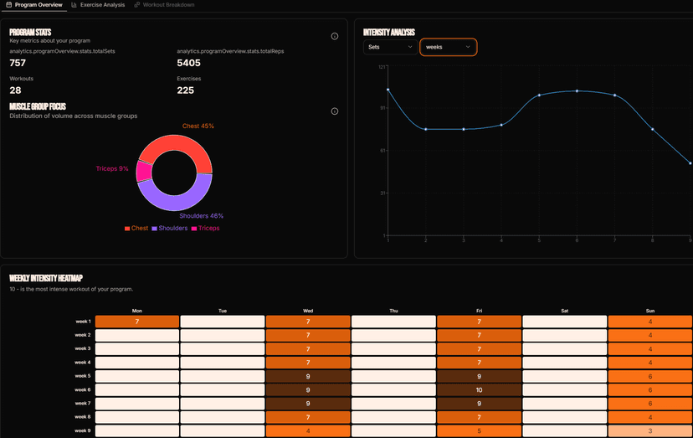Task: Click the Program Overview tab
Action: pos(34,5)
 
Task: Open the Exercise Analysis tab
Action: pos(98,5)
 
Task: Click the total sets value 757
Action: pos(18,63)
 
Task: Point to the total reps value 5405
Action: pos(189,63)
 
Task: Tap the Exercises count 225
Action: pos(186,90)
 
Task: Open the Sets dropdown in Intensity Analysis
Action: pos(390,47)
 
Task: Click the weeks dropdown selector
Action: pos(448,47)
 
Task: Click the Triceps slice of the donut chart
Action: pos(144,171)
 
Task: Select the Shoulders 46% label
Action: pos(201,216)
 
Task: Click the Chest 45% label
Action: pos(198,126)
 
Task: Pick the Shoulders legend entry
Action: pos(170,229)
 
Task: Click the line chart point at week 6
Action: pos(577,90)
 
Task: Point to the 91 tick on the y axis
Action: pos(382,108)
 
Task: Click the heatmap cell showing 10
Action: pos(480,389)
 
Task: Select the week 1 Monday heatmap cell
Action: pos(137,322)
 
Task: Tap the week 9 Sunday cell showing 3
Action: pos(649,430)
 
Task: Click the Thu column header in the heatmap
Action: pos(393,311)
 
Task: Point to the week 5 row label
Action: pos(83,376)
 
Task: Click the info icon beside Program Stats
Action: pos(335,36)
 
